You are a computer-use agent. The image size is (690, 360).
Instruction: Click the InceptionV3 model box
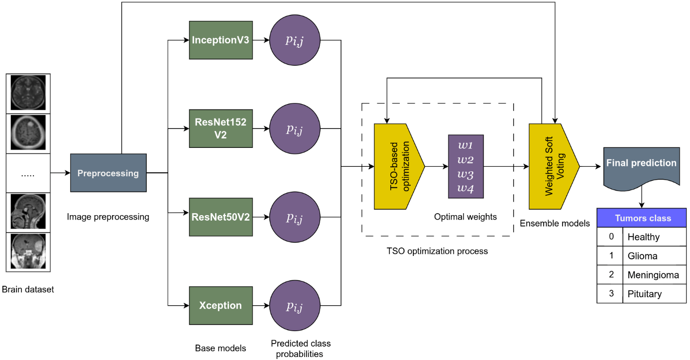pos(221,40)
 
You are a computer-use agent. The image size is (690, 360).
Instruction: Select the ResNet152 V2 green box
pos(221,128)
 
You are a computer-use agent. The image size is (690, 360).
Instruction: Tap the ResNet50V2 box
pos(221,217)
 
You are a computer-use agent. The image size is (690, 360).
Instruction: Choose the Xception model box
pos(221,306)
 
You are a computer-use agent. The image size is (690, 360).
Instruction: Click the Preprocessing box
pos(108,173)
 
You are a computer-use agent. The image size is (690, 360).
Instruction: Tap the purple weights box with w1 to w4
pos(465,166)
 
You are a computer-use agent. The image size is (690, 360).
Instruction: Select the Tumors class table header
pos(642,218)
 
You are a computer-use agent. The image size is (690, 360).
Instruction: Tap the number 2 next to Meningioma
pos(611,274)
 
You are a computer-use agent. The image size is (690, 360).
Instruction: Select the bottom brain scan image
pos(28,251)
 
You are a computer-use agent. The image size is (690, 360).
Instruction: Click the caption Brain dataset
pos(28,289)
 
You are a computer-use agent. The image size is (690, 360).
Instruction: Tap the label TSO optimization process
pos(437,251)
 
